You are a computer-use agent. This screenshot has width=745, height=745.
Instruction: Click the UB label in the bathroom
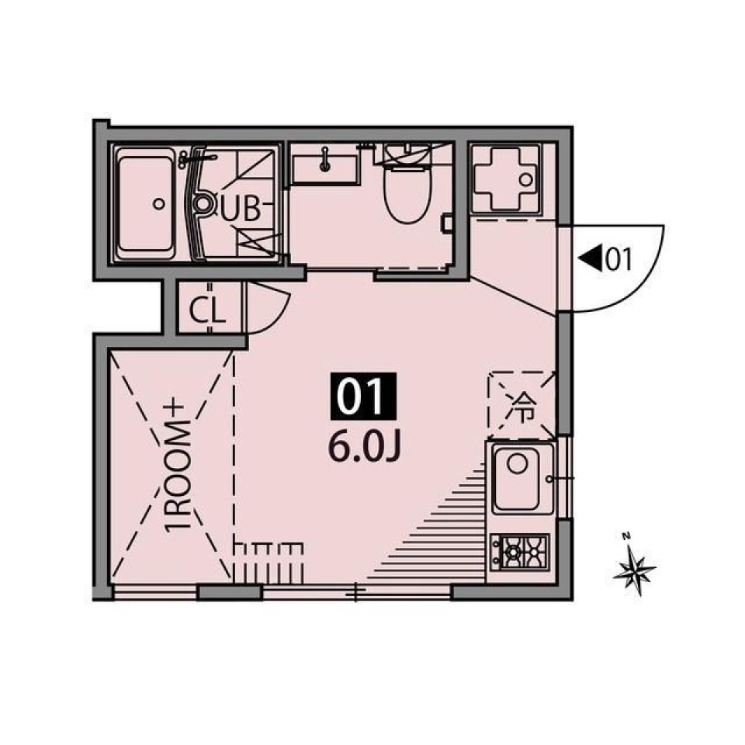tap(244, 208)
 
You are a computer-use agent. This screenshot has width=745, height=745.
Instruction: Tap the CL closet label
tap(207, 311)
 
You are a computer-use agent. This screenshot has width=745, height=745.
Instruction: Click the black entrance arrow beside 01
tap(591, 258)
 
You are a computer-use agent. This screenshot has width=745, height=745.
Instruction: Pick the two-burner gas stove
tap(521, 553)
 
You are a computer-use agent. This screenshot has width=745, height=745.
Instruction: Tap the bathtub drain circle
tap(159, 204)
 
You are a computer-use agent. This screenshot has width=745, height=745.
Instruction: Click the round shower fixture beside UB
tap(203, 204)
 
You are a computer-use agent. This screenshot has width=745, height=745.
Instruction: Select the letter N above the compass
tap(625, 535)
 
